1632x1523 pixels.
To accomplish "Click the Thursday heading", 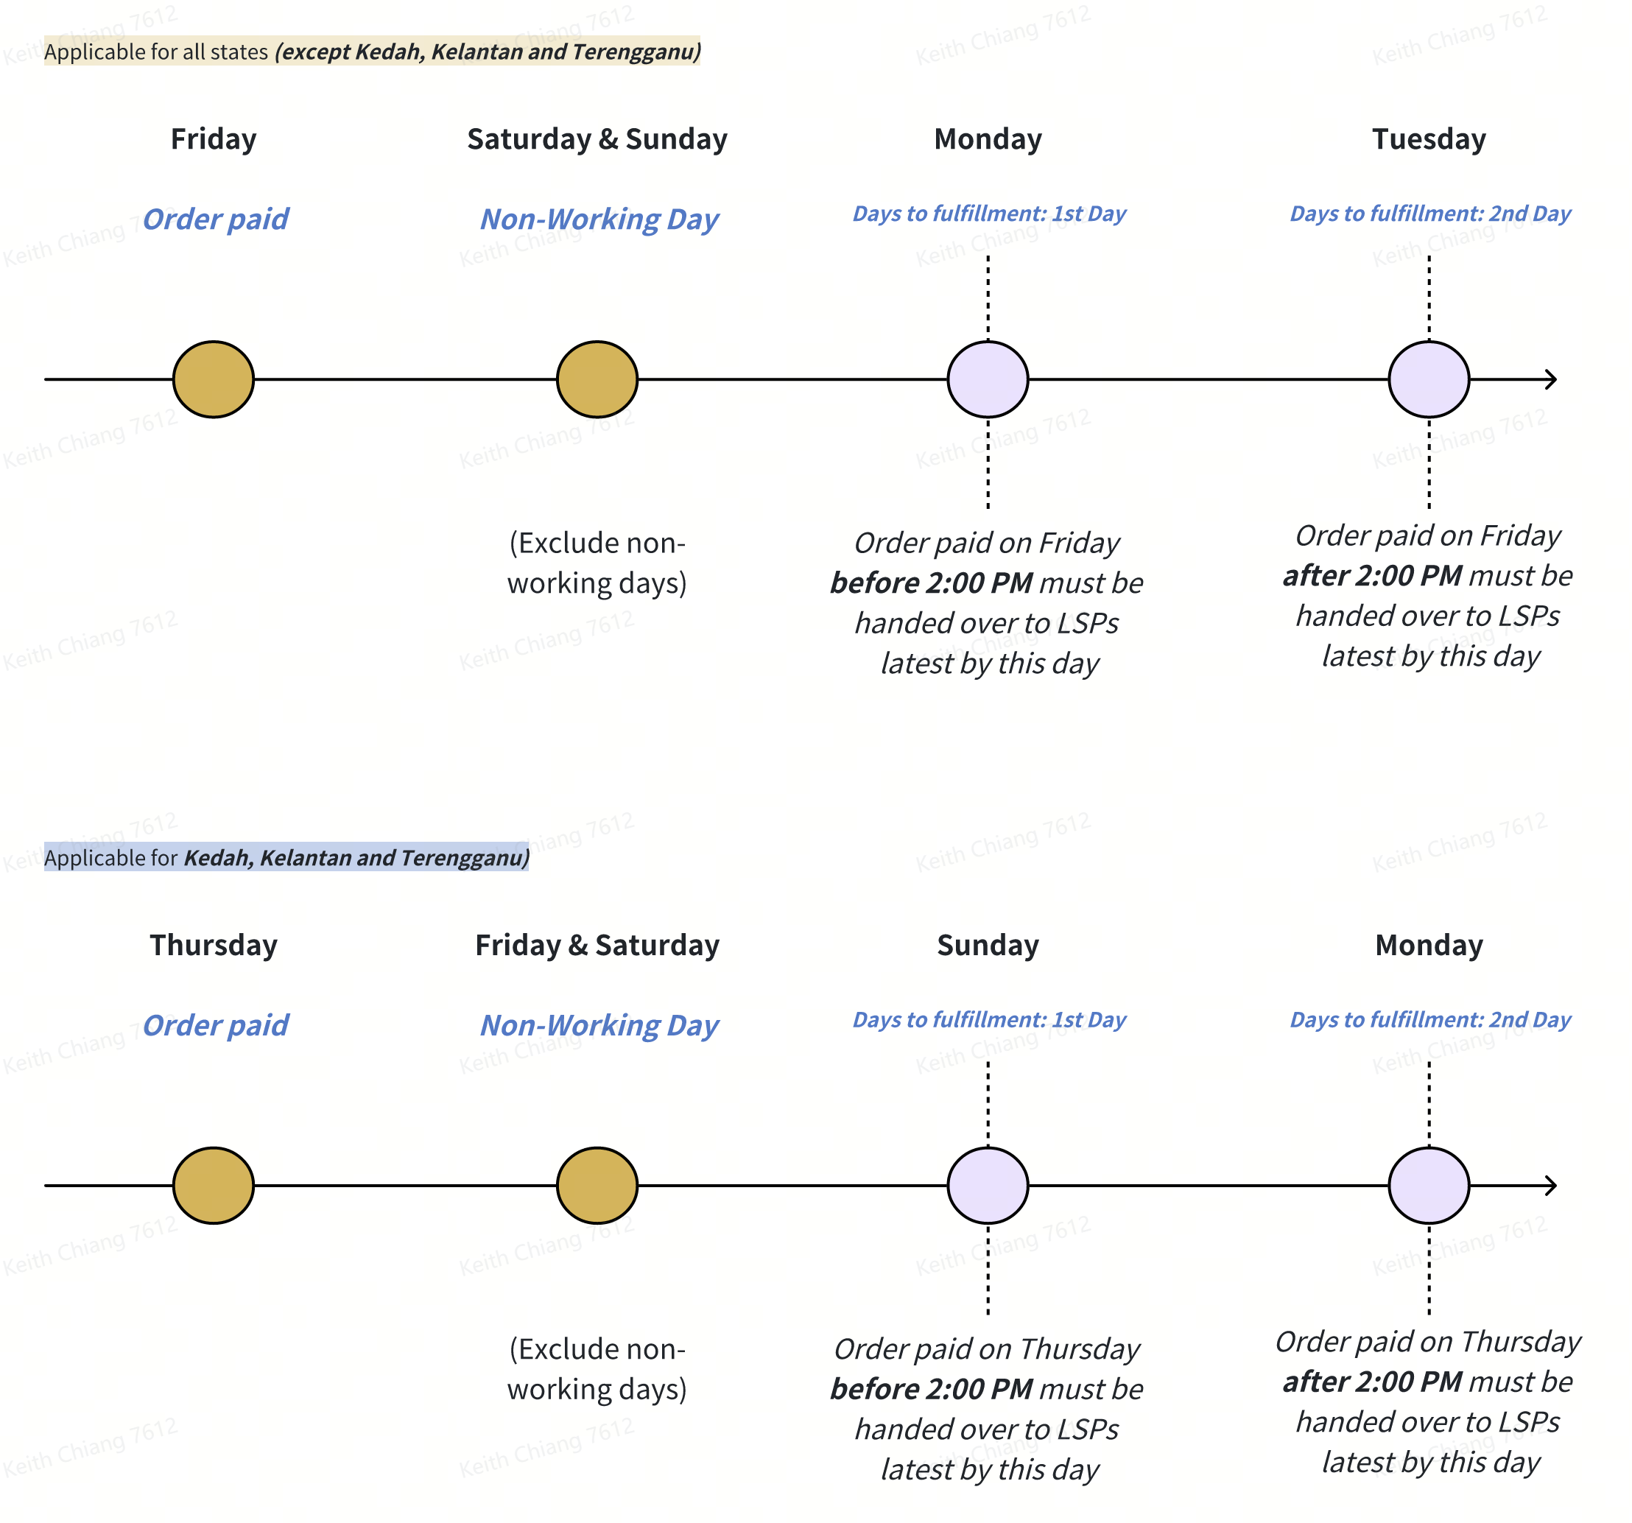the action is tap(214, 945).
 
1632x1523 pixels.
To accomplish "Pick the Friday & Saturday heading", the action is tap(597, 945).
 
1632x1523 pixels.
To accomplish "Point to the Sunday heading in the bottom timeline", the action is tap(988, 945).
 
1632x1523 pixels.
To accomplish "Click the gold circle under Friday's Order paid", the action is tap(214, 379).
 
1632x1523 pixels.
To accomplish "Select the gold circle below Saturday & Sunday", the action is tap(597, 379).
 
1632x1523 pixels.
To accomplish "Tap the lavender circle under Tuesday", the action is tap(1429, 379).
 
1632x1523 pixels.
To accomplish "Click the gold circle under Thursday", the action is tap(214, 1185).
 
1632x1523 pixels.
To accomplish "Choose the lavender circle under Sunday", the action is tap(988, 1185).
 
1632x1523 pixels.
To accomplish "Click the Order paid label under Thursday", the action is tap(215, 1024).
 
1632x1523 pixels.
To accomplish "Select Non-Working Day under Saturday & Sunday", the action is tap(599, 219).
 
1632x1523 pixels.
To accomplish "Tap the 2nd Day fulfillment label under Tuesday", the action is tap(1430, 214).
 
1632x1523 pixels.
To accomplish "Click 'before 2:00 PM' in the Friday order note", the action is tap(931, 583).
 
